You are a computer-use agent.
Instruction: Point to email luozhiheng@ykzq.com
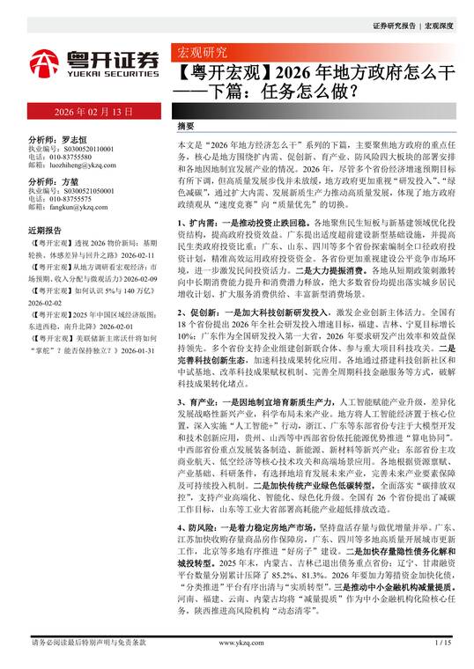tap(77, 165)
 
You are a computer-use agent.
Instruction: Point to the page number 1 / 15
tap(442, 644)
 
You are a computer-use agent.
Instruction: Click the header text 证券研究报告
tap(392, 26)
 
